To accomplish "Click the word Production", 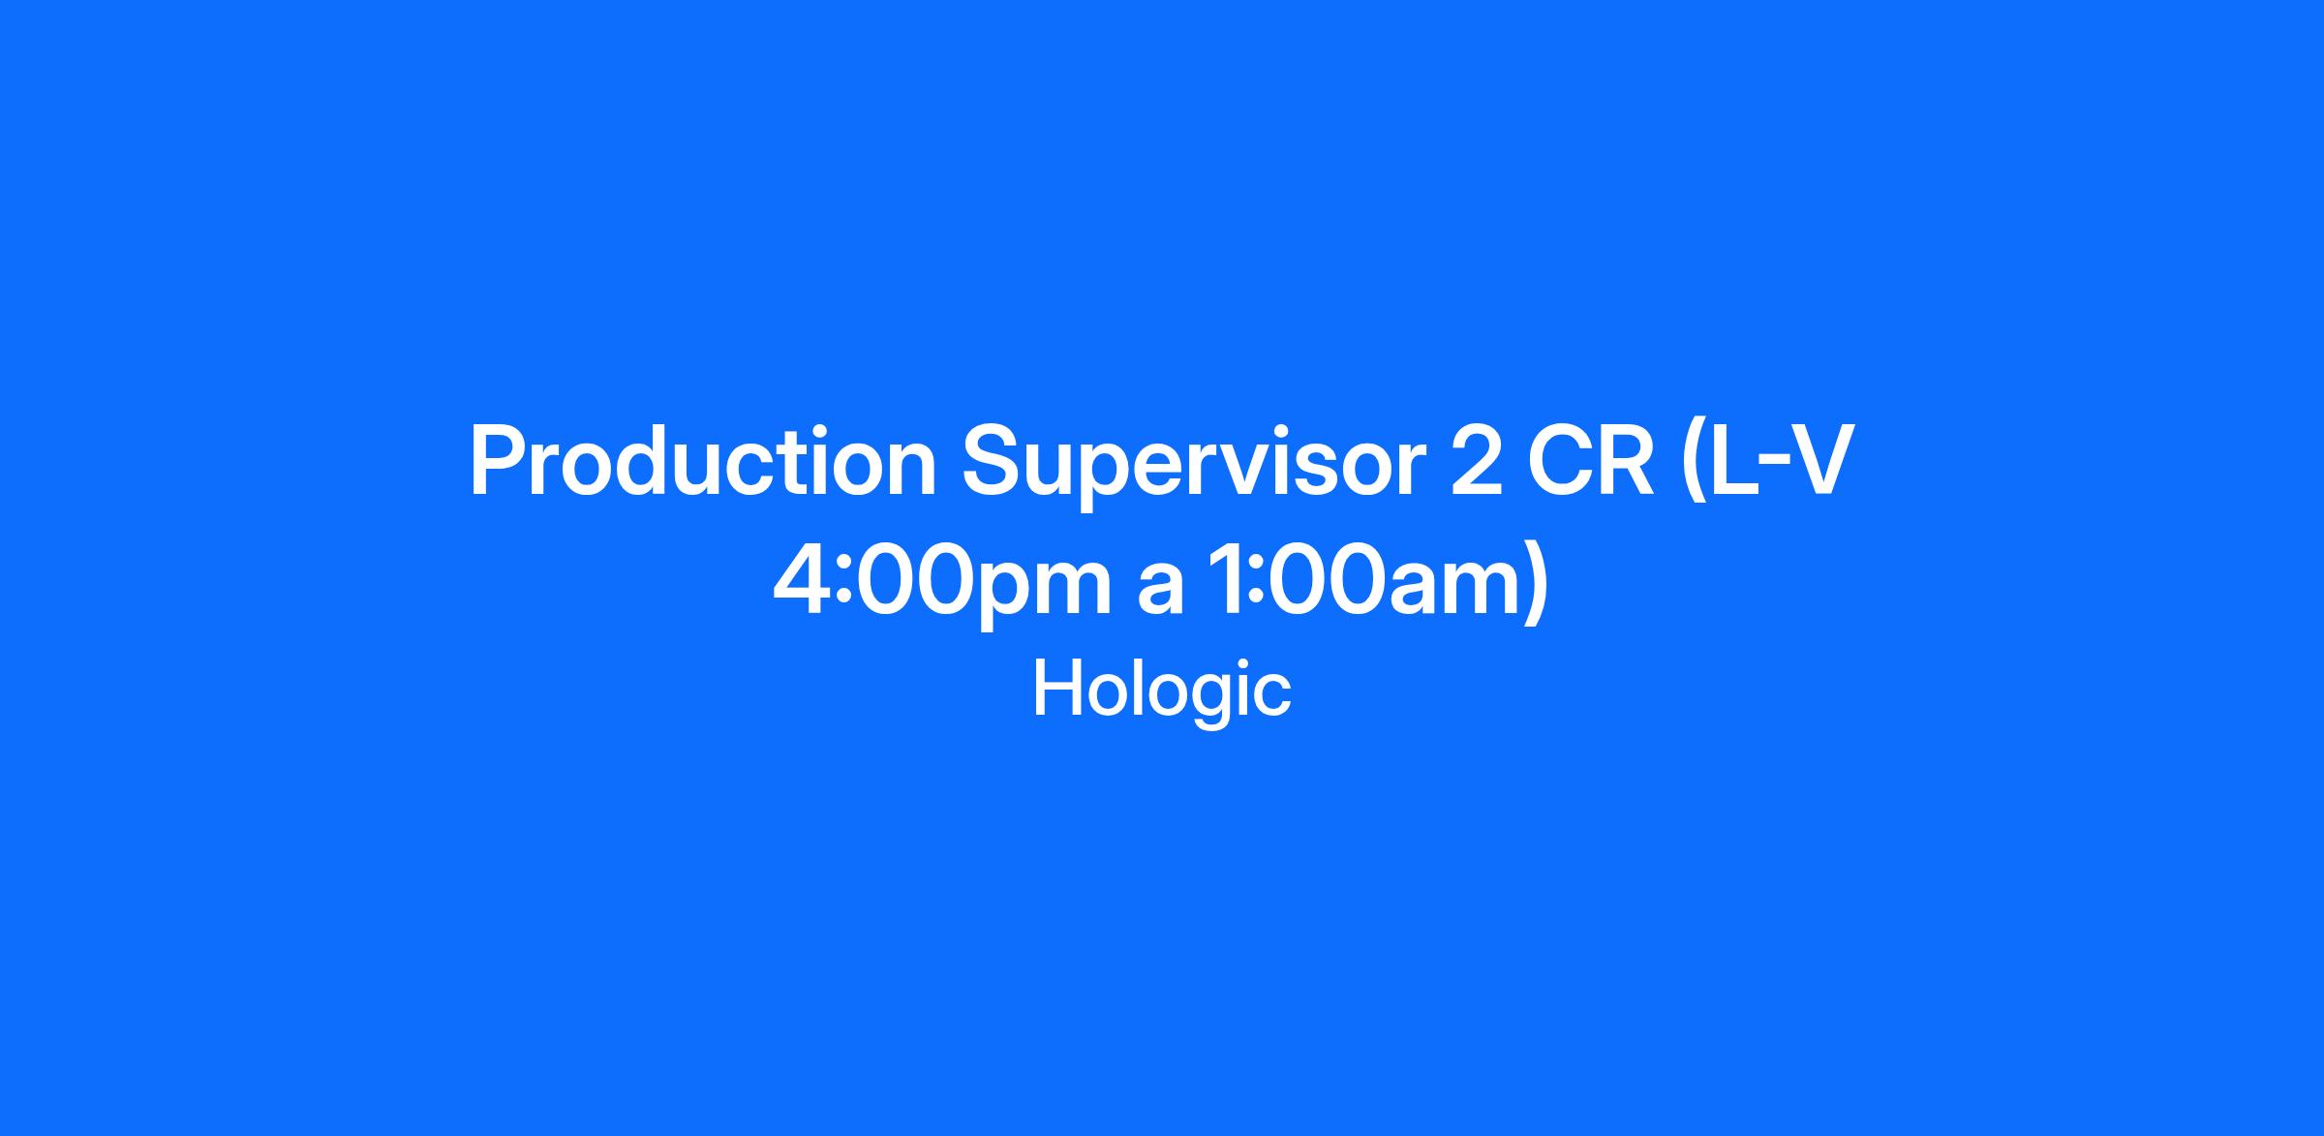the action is [x=703, y=461].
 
